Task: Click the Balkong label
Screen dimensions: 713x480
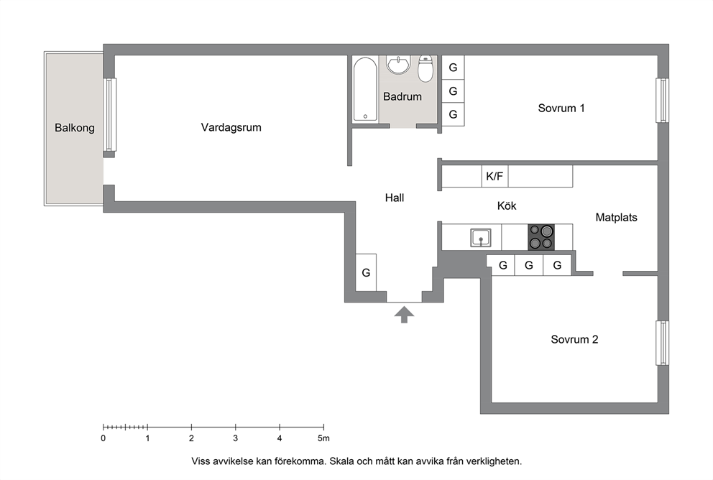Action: click(x=75, y=128)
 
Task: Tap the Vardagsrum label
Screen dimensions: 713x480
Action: click(x=231, y=127)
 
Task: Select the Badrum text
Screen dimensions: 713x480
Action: click(x=402, y=96)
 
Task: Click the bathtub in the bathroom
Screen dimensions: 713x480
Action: click(x=365, y=88)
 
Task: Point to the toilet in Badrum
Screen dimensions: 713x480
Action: click(x=425, y=69)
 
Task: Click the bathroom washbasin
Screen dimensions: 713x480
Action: click(x=398, y=65)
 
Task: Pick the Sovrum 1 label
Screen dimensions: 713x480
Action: click(x=561, y=109)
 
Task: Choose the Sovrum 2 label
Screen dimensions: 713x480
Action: click(x=574, y=340)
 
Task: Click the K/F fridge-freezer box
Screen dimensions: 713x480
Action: click(x=494, y=176)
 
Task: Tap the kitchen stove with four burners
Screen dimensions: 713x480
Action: click(x=541, y=237)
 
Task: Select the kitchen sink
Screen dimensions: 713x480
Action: click(x=481, y=238)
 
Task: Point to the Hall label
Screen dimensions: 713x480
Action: click(x=395, y=198)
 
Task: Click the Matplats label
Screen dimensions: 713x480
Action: click(x=616, y=217)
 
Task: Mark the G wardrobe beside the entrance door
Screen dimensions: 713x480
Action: click(x=366, y=272)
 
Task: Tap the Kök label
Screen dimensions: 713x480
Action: click(x=507, y=206)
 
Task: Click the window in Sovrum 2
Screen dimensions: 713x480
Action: click(x=663, y=343)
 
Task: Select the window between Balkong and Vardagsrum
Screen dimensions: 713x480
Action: click(x=109, y=114)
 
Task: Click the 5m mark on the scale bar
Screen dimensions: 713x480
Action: click(x=323, y=427)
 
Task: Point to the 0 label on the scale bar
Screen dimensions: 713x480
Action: click(x=103, y=438)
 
